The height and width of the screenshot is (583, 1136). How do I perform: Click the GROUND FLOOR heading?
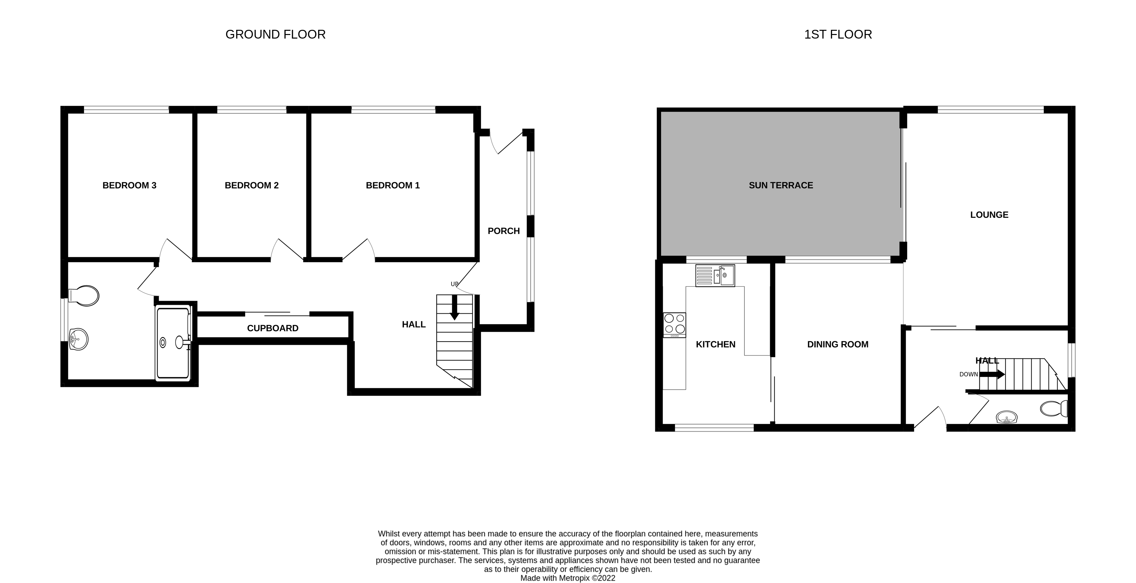(275, 34)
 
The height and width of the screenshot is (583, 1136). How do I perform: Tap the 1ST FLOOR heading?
(838, 34)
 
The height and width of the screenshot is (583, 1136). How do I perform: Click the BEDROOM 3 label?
(129, 185)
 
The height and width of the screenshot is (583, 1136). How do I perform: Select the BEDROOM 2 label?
(251, 185)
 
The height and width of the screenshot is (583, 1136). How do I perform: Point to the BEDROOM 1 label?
(393, 185)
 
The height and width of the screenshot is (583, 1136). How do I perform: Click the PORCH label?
(504, 231)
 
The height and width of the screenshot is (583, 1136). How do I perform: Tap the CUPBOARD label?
(272, 328)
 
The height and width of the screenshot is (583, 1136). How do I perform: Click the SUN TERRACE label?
(781, 185)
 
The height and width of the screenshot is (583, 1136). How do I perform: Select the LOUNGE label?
(989, 215)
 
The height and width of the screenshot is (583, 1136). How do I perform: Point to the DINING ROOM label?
(837, 344)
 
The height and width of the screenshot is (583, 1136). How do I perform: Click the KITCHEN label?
(715, 344)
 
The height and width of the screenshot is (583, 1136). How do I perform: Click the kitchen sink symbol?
(715, 276)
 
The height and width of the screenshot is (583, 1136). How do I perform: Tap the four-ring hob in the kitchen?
(674, 324)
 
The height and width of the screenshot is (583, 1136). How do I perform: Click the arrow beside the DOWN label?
(992, 374)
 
